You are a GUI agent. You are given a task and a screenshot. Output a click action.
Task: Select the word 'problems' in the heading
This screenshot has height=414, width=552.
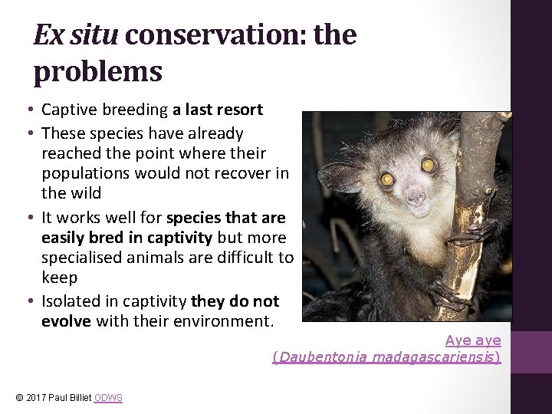tap(97, 71)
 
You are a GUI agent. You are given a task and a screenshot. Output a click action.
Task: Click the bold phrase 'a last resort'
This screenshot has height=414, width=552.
tap(218, 110)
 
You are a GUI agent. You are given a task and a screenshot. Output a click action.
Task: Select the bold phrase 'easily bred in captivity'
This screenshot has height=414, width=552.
tap(127, 238)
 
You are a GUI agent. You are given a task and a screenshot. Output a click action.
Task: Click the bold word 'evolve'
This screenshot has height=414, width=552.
tap(67, 321)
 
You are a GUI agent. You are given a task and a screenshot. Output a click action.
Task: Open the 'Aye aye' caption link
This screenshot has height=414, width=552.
tap(473, 340)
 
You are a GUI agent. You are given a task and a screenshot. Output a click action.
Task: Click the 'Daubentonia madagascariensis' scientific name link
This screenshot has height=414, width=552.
tap(387, 357)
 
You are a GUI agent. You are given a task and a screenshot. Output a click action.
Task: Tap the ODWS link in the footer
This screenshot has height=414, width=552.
tap(108, 397)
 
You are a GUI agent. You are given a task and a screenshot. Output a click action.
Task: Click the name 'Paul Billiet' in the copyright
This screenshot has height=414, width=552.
tap(71, 397)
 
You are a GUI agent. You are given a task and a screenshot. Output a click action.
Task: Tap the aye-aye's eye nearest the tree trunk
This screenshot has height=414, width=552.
tap(428, 165)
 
